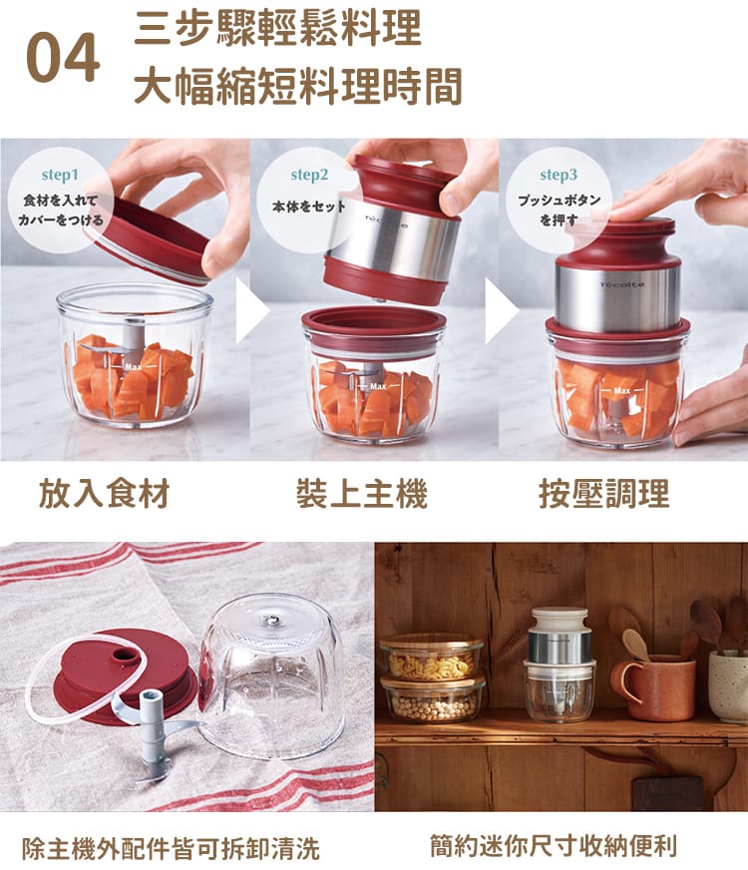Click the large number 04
(63, 58)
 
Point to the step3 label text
(559, 175)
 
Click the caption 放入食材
(104, 493)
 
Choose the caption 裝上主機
(361, 493)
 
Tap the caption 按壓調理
(604, 493)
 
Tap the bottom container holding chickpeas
(432, 699)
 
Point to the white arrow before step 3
(501, 309)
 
